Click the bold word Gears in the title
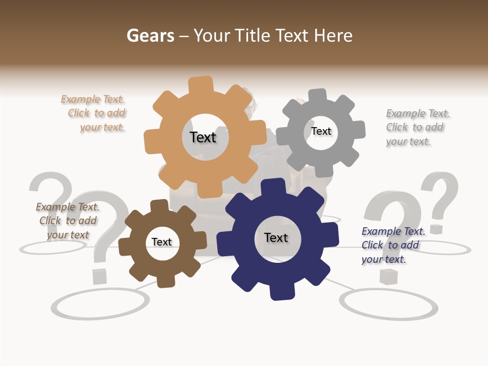pos(150,36)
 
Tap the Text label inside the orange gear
pos(203,137)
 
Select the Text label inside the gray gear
pos(321,131)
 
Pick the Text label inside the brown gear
pos(162,242)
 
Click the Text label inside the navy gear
pos(276,237)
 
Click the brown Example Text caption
pos(68,221)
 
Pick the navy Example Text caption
pos(392,245)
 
